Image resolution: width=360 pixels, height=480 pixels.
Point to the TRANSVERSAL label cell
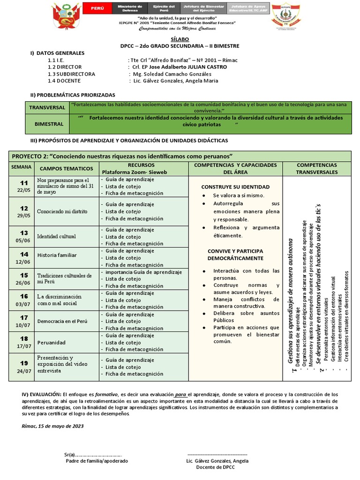click(x=47, y=107)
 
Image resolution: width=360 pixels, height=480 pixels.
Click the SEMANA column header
click(x=21, y=167)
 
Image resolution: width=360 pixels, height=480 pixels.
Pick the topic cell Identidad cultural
click(x=56, y=236)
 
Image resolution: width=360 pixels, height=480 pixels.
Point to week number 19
click(x=24, y=363)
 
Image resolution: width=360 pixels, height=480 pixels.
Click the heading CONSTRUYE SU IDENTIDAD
click(x=235, y=187)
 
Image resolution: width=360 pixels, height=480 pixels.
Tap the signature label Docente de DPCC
click(x=215, y=467)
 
